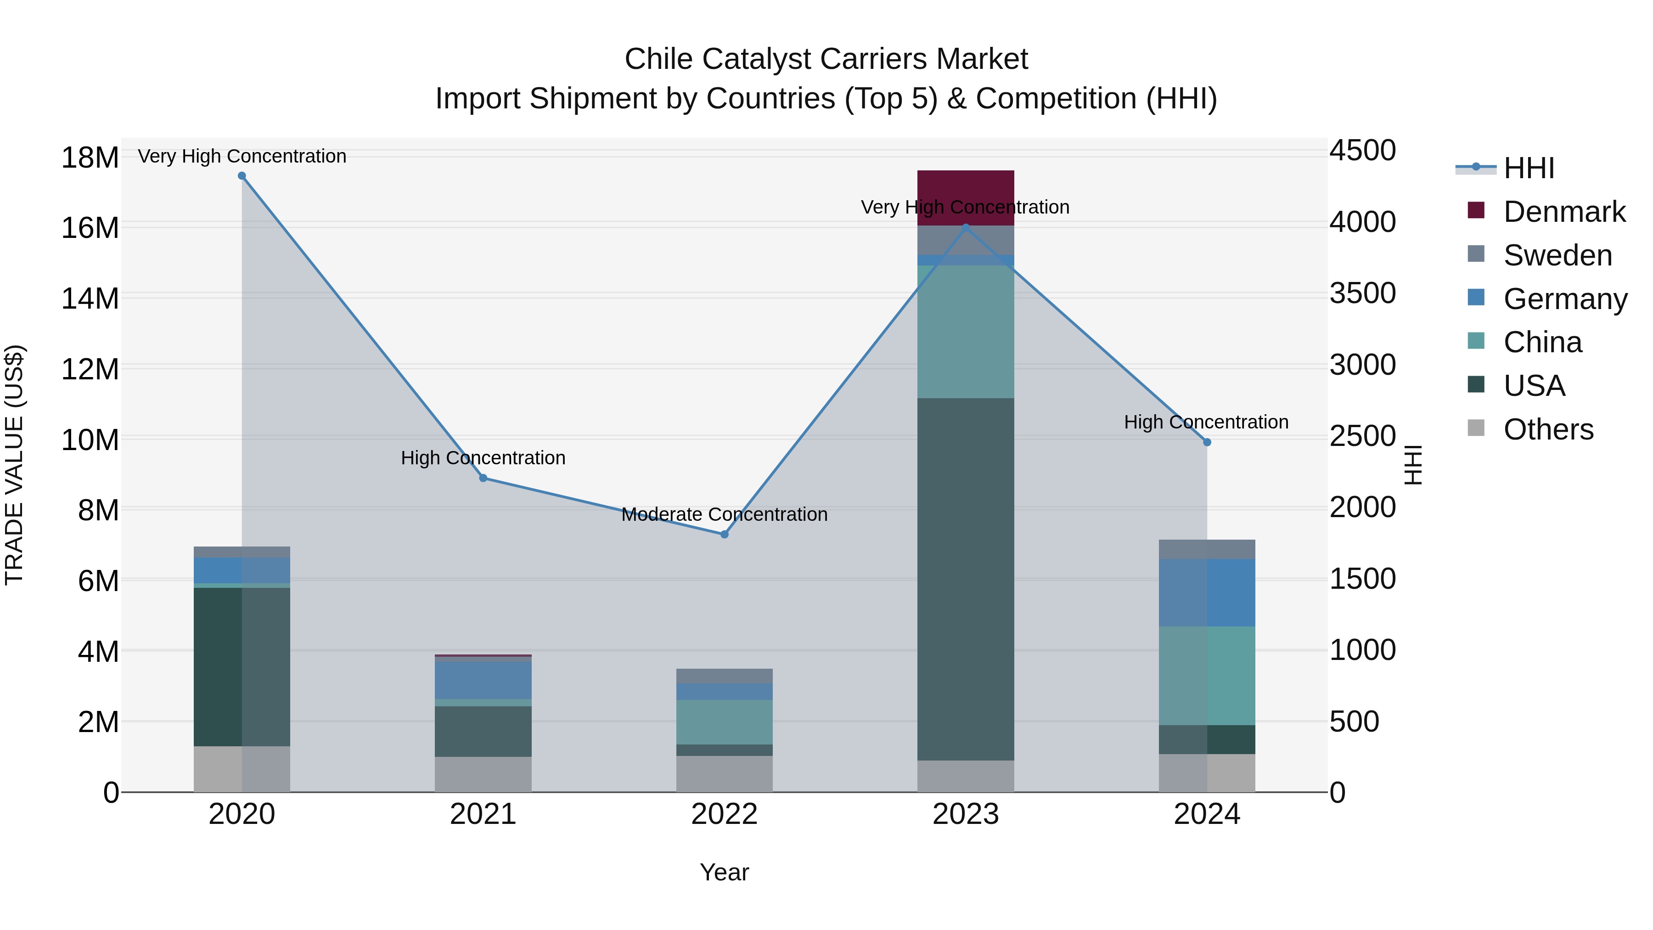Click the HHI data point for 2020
[242, 176]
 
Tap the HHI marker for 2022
[725, 534]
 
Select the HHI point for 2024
[1207, 442]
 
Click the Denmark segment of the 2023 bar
[966, 197]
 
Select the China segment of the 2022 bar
[725, 722]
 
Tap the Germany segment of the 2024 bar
[1207, 592]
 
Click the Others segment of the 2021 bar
[483, 774]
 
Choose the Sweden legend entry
[1557, 255]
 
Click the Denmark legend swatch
[1476, 210]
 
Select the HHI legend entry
[1529, 168]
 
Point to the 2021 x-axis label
[483, 814]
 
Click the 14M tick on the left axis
[90, 299]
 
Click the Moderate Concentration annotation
[725, 514]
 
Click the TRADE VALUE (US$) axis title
[15, 465]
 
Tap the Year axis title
[725, 872]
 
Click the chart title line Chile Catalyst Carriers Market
[826, 59]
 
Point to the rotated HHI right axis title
[1414, 465]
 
